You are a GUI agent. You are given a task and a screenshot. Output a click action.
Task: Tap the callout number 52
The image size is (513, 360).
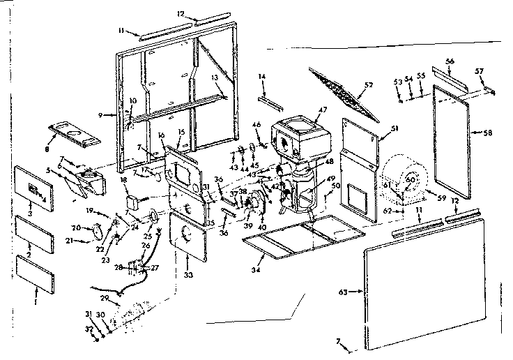pos(369,84)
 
